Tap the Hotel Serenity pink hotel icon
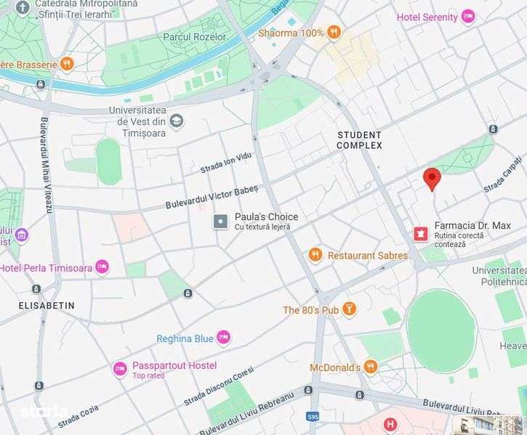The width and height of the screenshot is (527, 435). click(x=468, y=17)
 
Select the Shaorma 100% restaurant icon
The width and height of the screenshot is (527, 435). click(x=334, y=32)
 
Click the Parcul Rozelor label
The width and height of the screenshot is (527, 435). click(x=195, y=36)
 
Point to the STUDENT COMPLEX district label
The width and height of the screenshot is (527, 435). click(x=359, y=140)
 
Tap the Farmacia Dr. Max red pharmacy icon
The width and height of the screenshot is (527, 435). click(x=419, y=233)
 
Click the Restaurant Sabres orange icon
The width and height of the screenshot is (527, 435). click(x=315, y=255)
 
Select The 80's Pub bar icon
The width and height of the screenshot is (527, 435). click(x=350, y=310)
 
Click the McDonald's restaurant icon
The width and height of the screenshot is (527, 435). click(x=371, y=367)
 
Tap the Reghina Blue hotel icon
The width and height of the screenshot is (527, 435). click(x=223, y=338)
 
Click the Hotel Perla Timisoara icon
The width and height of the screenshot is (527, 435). click(x=102, y=267)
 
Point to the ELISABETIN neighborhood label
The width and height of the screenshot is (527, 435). click(x=47, y=306)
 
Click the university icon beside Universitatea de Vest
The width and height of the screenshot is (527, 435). click(x=177, y=121)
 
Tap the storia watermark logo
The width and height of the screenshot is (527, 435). click(x=44, y=412)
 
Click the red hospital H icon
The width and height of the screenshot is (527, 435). click(x=390, y=423)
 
